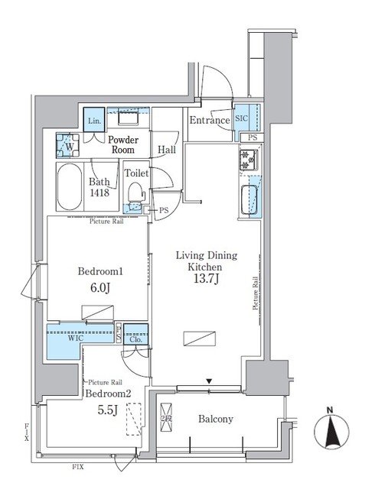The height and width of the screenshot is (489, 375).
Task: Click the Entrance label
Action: [x=210, y=121]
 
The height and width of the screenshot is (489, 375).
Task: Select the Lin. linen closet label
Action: [x=94, y=121]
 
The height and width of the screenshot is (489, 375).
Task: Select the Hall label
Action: [x=167, y=151]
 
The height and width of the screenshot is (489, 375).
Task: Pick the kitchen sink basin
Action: [x=249, y=199]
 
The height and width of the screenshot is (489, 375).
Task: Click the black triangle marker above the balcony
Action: [x=209, y=381]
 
